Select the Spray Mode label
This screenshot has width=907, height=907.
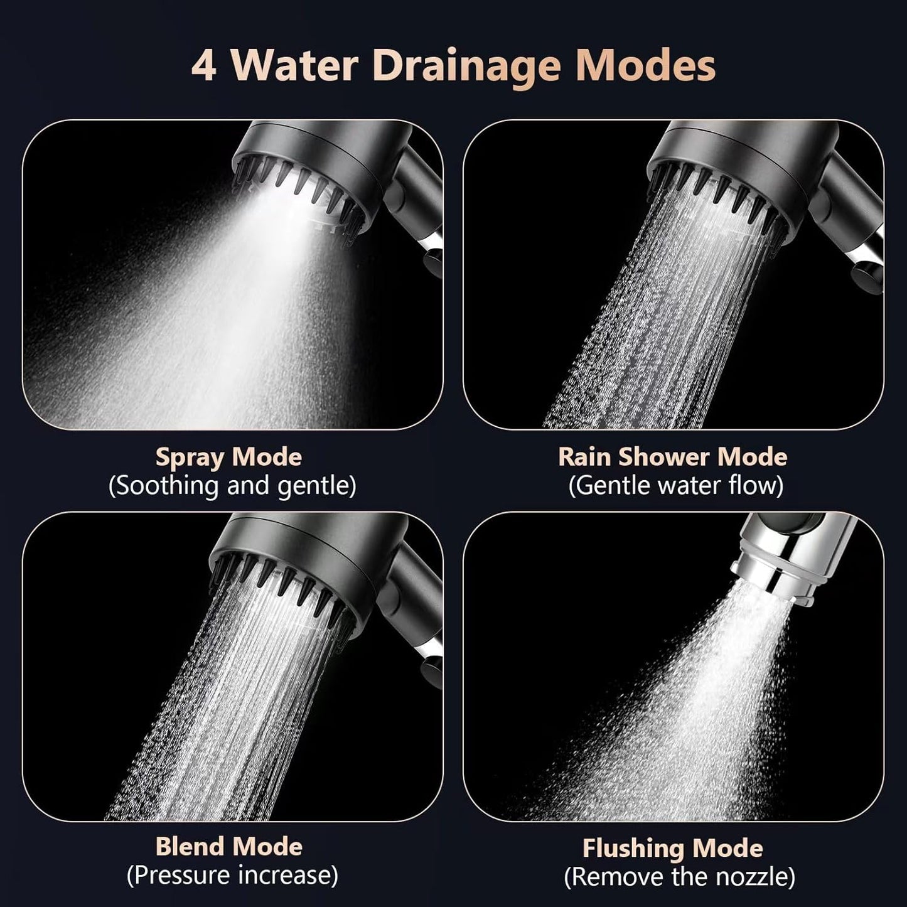point(228,458)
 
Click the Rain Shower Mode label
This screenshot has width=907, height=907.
point(672,456)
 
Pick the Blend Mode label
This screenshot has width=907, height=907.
point(228,847)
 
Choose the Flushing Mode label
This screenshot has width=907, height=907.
point(672,848)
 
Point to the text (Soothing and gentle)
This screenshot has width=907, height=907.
point(232,486)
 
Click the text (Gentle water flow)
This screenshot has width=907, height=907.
point(676,485)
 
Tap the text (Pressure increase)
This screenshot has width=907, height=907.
point(232,875)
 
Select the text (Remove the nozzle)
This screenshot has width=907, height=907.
point(679,876)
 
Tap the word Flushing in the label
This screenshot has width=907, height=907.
point(633,848)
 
